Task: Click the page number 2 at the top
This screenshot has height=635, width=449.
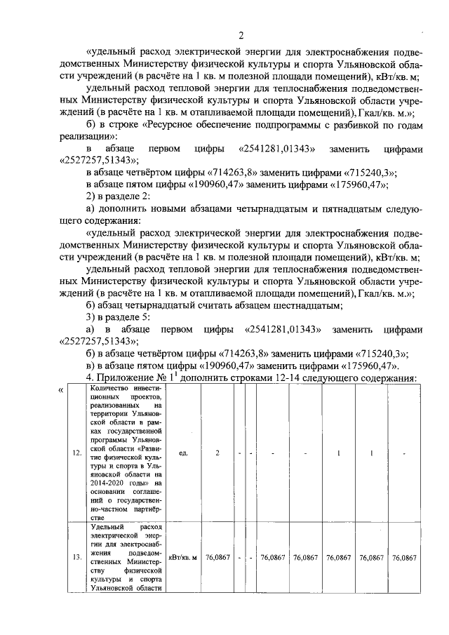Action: [x=240, y=36]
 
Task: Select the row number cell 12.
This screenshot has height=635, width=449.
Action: [x=76, y=453]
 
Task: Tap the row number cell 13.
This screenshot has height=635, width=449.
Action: [x=76, y=558]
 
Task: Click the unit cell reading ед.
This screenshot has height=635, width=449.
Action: [x=182, y=453]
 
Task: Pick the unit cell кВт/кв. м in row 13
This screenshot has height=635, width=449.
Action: [x=182, y=558]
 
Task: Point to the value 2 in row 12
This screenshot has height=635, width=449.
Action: [x=217, y=453]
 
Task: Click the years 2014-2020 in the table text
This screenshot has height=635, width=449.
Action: [x=109, y=483]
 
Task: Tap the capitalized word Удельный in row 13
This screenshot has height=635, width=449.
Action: [x=109, y=526]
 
